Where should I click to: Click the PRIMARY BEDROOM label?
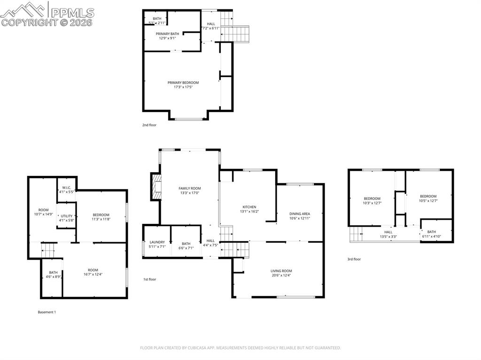pos(183,83)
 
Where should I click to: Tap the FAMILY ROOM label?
pos(189,188)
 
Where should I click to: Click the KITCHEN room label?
pos(249,207)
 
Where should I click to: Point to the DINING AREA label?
pos(299,214)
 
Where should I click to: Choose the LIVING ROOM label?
pos(281,271)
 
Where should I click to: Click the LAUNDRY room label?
pos(157,242)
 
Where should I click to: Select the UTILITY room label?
pos(67,216)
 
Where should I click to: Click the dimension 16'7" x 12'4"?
pos(93,275)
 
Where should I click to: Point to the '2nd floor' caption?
pos(149,125)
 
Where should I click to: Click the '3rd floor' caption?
pos(354,259)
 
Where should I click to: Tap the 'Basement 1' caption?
pos(47,312)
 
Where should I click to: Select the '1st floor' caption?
pos(150,279)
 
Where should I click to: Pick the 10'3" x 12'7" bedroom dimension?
pos(372,203)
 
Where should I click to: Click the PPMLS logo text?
pos(72,13)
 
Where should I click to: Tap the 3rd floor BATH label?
pos(431,231)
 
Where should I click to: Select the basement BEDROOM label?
pos(101,214)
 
